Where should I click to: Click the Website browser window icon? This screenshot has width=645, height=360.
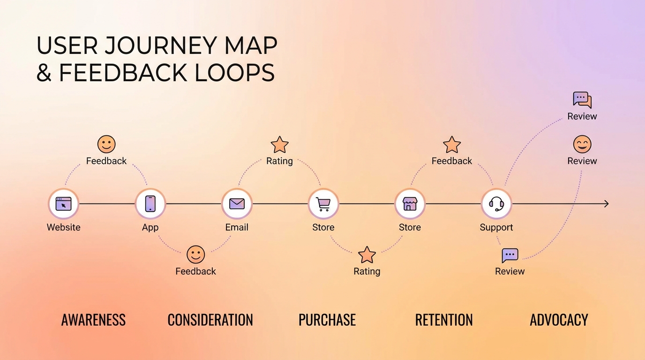tap(63, 203)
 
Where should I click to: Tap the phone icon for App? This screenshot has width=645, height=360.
tap(150, 203)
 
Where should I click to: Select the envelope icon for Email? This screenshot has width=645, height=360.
tap(237, 203)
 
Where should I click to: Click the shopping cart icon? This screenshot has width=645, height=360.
tap(323, 203)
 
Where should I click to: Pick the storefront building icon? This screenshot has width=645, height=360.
tap(410, 203)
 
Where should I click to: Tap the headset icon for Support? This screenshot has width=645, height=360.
tap(496, 203)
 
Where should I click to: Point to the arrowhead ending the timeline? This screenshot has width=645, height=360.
tap(606, 203)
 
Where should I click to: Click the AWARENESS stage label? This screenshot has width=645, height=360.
tap(93, 320)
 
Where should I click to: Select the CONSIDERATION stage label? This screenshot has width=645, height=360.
tap(210, 320)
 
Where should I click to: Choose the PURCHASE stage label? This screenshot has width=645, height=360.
tap(327, 320)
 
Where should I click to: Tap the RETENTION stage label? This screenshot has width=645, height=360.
tap(444, 320)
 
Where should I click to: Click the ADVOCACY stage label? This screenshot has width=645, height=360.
tap(559, 320)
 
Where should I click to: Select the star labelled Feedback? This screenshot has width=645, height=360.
tap(452, 145)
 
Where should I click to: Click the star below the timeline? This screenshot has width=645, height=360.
tap(367, 255)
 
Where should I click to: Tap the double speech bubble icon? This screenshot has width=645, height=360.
tap(582, 100)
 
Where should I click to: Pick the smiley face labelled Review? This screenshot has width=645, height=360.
tap(582, 144)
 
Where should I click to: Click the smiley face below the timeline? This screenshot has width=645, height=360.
tap(195, 255)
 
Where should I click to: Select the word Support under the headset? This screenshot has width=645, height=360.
tap(496, 227)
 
